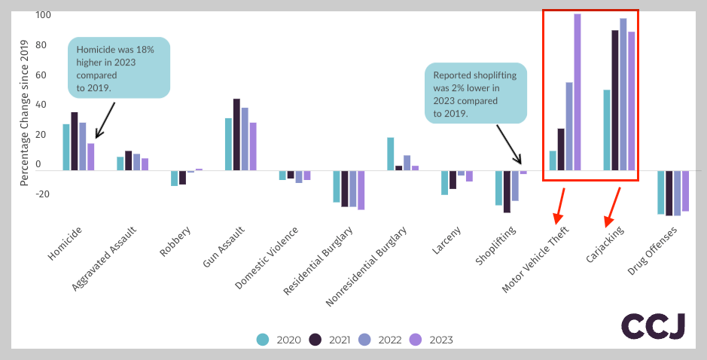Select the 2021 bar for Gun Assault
click(x=236, y=134)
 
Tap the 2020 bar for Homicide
click(x=66, y=147)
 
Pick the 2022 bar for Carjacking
click(x=623, y=94)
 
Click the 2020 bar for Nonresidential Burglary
click(x=391, y=154)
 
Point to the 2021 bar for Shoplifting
click(x=507, y=191)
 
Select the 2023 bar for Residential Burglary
click(x=361, y=190)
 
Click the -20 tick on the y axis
click(x=43, y=194)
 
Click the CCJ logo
click(x=653, y=326)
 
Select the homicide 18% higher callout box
click(x=119, y=68)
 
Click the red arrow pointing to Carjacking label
click(x=613, y=206)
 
